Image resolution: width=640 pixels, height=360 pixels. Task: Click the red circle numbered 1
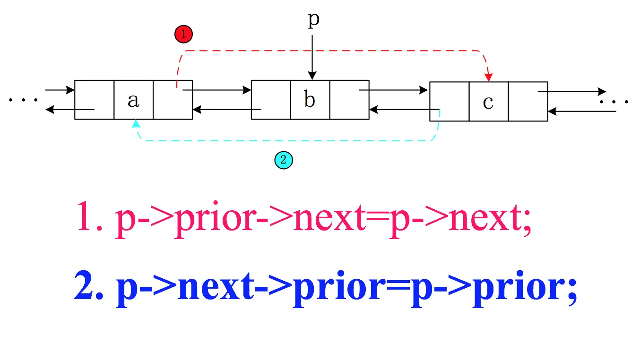[183, 34]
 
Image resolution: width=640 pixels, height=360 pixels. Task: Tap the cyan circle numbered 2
[284, 160]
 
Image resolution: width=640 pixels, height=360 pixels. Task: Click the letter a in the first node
[134, 100]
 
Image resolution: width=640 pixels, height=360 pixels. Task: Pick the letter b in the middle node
[310, 100]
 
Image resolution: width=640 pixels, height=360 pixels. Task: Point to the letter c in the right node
[488, 102]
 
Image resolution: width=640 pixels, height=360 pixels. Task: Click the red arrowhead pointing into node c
[489, 76]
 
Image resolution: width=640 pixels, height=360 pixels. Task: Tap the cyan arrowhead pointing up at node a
[136, 124]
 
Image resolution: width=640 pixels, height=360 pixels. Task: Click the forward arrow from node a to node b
[217, 90]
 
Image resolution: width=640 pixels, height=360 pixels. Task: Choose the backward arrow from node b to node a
[227, 110]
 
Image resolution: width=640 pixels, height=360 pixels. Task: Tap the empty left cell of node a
[95, 100]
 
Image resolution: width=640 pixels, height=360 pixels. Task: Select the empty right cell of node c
[528, 102]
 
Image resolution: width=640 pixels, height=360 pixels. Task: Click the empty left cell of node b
[271, 100]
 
